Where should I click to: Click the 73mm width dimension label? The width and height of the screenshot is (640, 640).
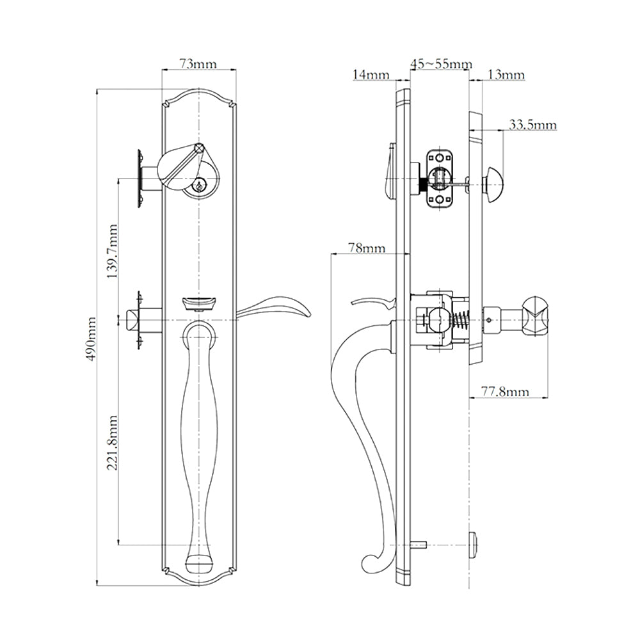[197, 63]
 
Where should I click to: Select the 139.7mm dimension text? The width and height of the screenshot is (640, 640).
[113, 251]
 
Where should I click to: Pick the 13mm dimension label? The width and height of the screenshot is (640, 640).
[506, 75]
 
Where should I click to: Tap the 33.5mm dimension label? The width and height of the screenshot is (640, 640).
[532, 124]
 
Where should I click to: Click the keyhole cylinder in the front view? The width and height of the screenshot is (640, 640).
[200, 186]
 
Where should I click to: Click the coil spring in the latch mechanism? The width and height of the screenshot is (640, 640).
[460, 319]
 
